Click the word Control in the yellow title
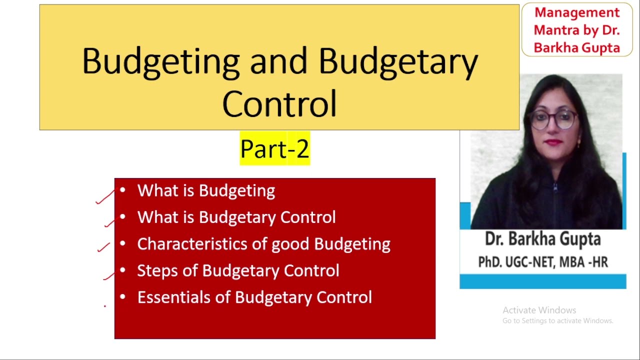(x=279, y=103)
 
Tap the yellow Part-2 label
(x=274, y=148)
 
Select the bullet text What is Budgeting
(x=206, y=190)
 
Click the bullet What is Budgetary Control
(x=236, y=217)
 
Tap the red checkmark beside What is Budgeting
(x=105, y=197)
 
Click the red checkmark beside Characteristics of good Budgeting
(x=103, y=247)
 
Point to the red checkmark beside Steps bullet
(x=110, y=274)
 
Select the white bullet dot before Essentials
(x=122, y=297)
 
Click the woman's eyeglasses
(x=553, y=119)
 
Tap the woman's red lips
(x=553, y=142)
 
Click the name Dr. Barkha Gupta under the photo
(x=542, y=239)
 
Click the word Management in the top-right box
(x=577, y=12)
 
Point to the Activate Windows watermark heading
(x=539, y=310)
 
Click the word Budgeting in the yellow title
(x=160, y=61)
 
